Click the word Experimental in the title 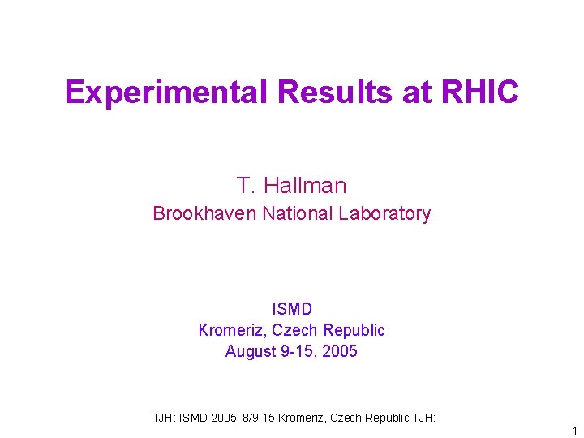[x=166, y=92]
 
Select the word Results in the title [x=334, y=92]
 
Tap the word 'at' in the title [x=417, y=92]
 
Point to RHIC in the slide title [x=480, y=92]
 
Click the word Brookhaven [x=204, y=213]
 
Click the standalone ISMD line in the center [x=292, y=309]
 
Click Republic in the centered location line [x=354, y=330]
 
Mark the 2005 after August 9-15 [x=339, y=351]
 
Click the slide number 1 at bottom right [x=574, y=431]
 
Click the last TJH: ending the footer [x=423, y=418]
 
